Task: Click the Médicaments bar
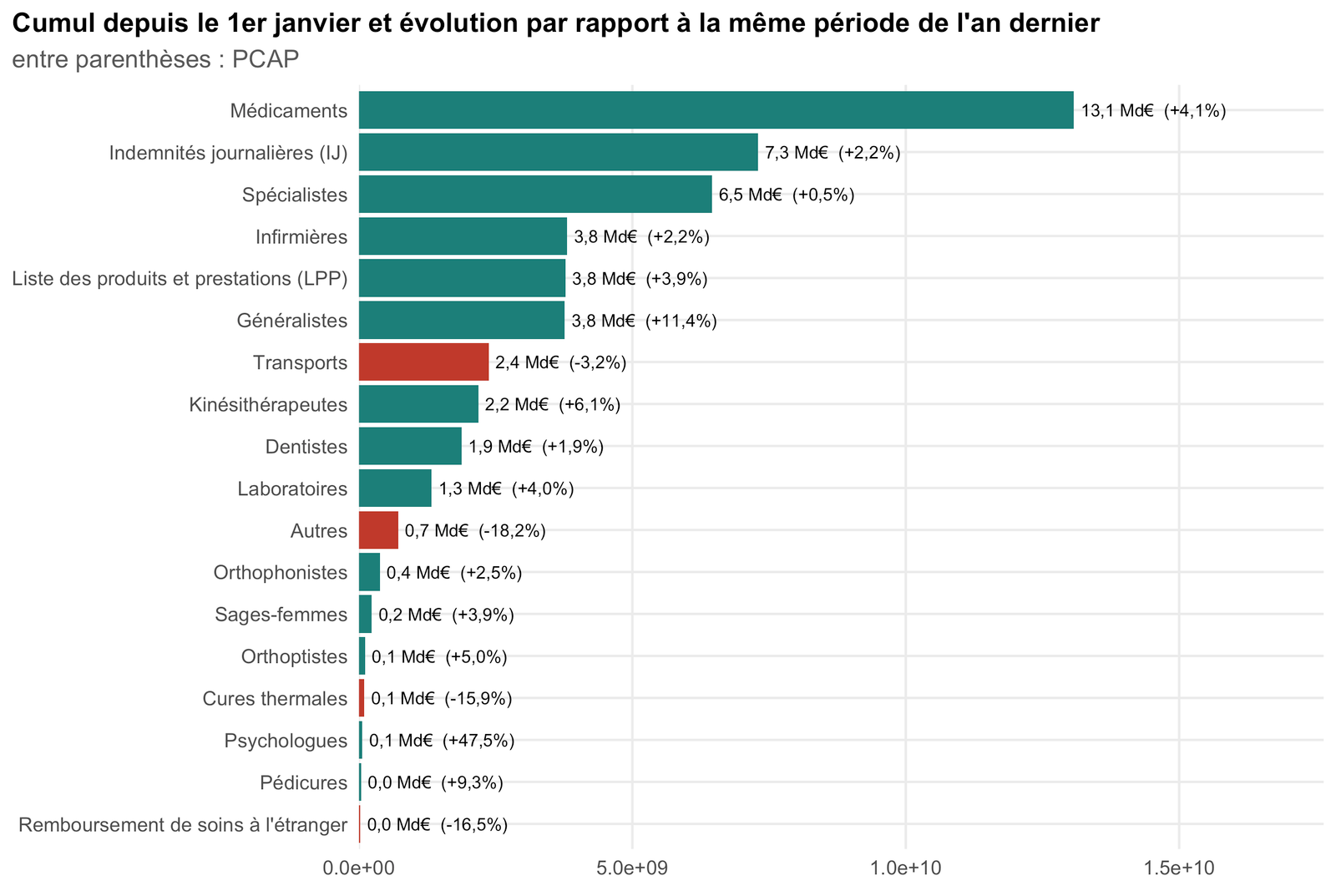(x=716, y=110)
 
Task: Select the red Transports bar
(x=423, y=362)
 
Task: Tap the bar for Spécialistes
(x=535, y=195)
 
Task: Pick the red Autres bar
(x=378, y=530)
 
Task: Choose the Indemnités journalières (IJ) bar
(x=559, y=153)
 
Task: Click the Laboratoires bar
(x=395, y=489)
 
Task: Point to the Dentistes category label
(x=306, y=447)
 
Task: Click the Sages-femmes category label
(x=281, y=615)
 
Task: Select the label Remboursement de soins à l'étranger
(x=183, y=825)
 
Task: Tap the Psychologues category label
(x=286, y=741)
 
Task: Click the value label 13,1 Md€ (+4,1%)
(x=1153, y=111)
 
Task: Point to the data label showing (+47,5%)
(x=478, y=741)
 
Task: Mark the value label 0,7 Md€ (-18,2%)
(x=475, y=531)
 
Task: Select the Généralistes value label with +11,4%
(x=644, y=321)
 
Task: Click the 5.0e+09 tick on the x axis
(x=632, y=868)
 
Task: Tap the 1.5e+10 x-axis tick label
(x=1179, y=868)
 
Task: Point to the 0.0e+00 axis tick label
(x=359, y=868)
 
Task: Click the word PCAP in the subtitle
(x=266, y=59)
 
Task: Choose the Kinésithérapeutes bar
(x=418, y=404)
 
